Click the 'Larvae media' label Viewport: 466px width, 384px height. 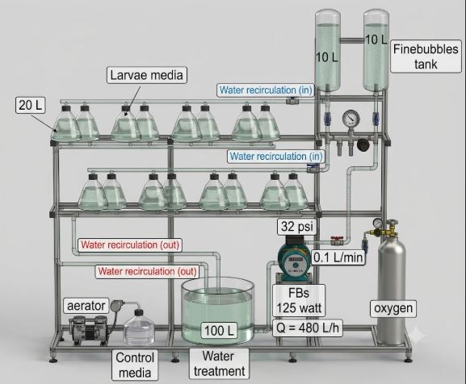(x=147, y=75)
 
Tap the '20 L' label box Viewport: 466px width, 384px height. (x=30, y=105)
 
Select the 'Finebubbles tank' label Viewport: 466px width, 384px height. (x=426, y=56)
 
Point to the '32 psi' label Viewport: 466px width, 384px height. (x=297, y=227)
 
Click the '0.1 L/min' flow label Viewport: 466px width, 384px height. (x=338, y=257)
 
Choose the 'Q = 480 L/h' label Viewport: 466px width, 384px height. (x=307, y=328)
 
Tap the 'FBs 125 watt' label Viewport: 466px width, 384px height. (x=299, y=300)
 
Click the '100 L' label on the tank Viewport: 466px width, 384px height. (x=220, y=330)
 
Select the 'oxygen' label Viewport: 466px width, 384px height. (x=393, y=308)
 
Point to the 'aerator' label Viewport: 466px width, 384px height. (x=86, y=306)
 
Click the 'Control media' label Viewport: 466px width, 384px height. (x=135, y=365)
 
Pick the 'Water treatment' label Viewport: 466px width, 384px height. (x=219, y=364)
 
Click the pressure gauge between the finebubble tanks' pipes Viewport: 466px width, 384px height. (x=351, y=119)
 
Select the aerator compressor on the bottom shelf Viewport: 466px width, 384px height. (x=88, y=329)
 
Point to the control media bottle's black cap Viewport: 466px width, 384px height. (x=138, y=312)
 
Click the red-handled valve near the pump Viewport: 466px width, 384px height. (x=337, y=240)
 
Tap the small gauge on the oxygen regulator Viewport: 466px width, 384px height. (x=377, y=222)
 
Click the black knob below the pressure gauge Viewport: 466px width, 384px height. (x=363, y=144)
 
